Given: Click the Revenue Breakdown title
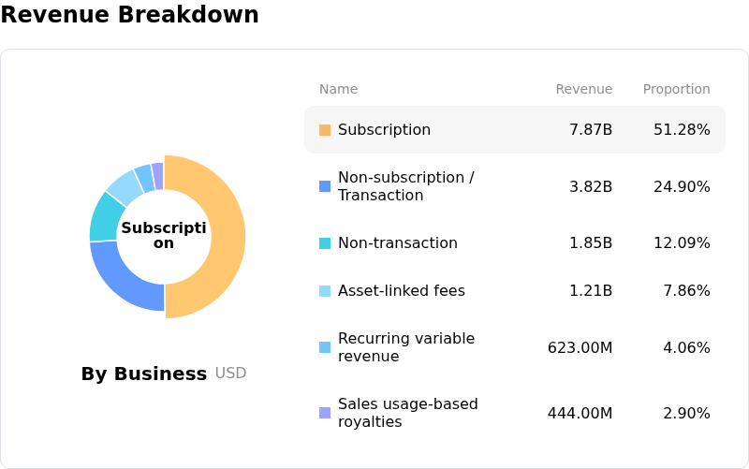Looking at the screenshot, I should coord(129,15).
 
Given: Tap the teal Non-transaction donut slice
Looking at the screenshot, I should coord(102,216).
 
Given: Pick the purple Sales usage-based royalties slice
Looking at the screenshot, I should coord(158,175).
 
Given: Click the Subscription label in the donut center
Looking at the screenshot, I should coord(164,236).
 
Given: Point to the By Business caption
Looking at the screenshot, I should coord(143,374).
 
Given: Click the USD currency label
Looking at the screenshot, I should coord(230,374).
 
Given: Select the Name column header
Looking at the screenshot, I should coord(338,90).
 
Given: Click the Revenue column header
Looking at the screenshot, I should coord(583,90).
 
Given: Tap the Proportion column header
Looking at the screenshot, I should coord(676,90).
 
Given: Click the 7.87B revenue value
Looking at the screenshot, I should coord(591,130).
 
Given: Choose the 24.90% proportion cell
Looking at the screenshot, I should coord(682,187).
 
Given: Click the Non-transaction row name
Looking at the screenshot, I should coord(397,243).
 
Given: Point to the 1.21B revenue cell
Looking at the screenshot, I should coord(591,291).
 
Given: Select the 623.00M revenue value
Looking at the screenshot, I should coord(580,348).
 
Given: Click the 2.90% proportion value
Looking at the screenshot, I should coord(686,414).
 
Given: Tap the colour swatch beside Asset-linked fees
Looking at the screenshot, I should coord(325,291).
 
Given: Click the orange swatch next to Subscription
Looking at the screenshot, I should coord(325,130).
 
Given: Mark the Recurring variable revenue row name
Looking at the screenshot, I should coord(406,347).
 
